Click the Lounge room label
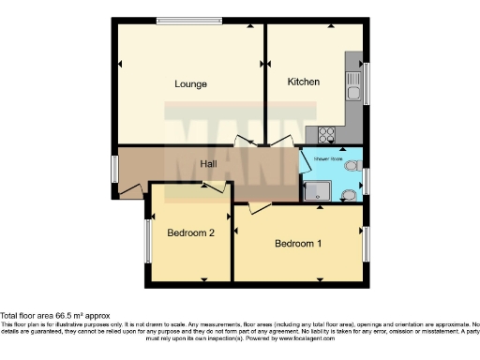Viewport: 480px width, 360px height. click(x=190, y=84)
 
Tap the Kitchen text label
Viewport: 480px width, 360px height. click(x=304, y=82)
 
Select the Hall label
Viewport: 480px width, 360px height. click(x=210, y=164)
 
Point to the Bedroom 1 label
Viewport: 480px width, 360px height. click(x=298, y=244)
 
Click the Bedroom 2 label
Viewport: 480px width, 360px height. click(x=191, y=232)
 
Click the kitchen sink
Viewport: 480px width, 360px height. click(x=353, y=90)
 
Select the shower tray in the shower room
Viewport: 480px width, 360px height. click(x=319, y=191)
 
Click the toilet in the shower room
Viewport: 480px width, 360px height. click(x=350, y=194)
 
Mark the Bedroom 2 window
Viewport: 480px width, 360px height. click(x=147, y=240)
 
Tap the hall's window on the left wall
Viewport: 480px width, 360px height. click(x=114, y=169)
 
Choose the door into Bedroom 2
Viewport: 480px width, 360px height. click(x=213, y=187)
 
